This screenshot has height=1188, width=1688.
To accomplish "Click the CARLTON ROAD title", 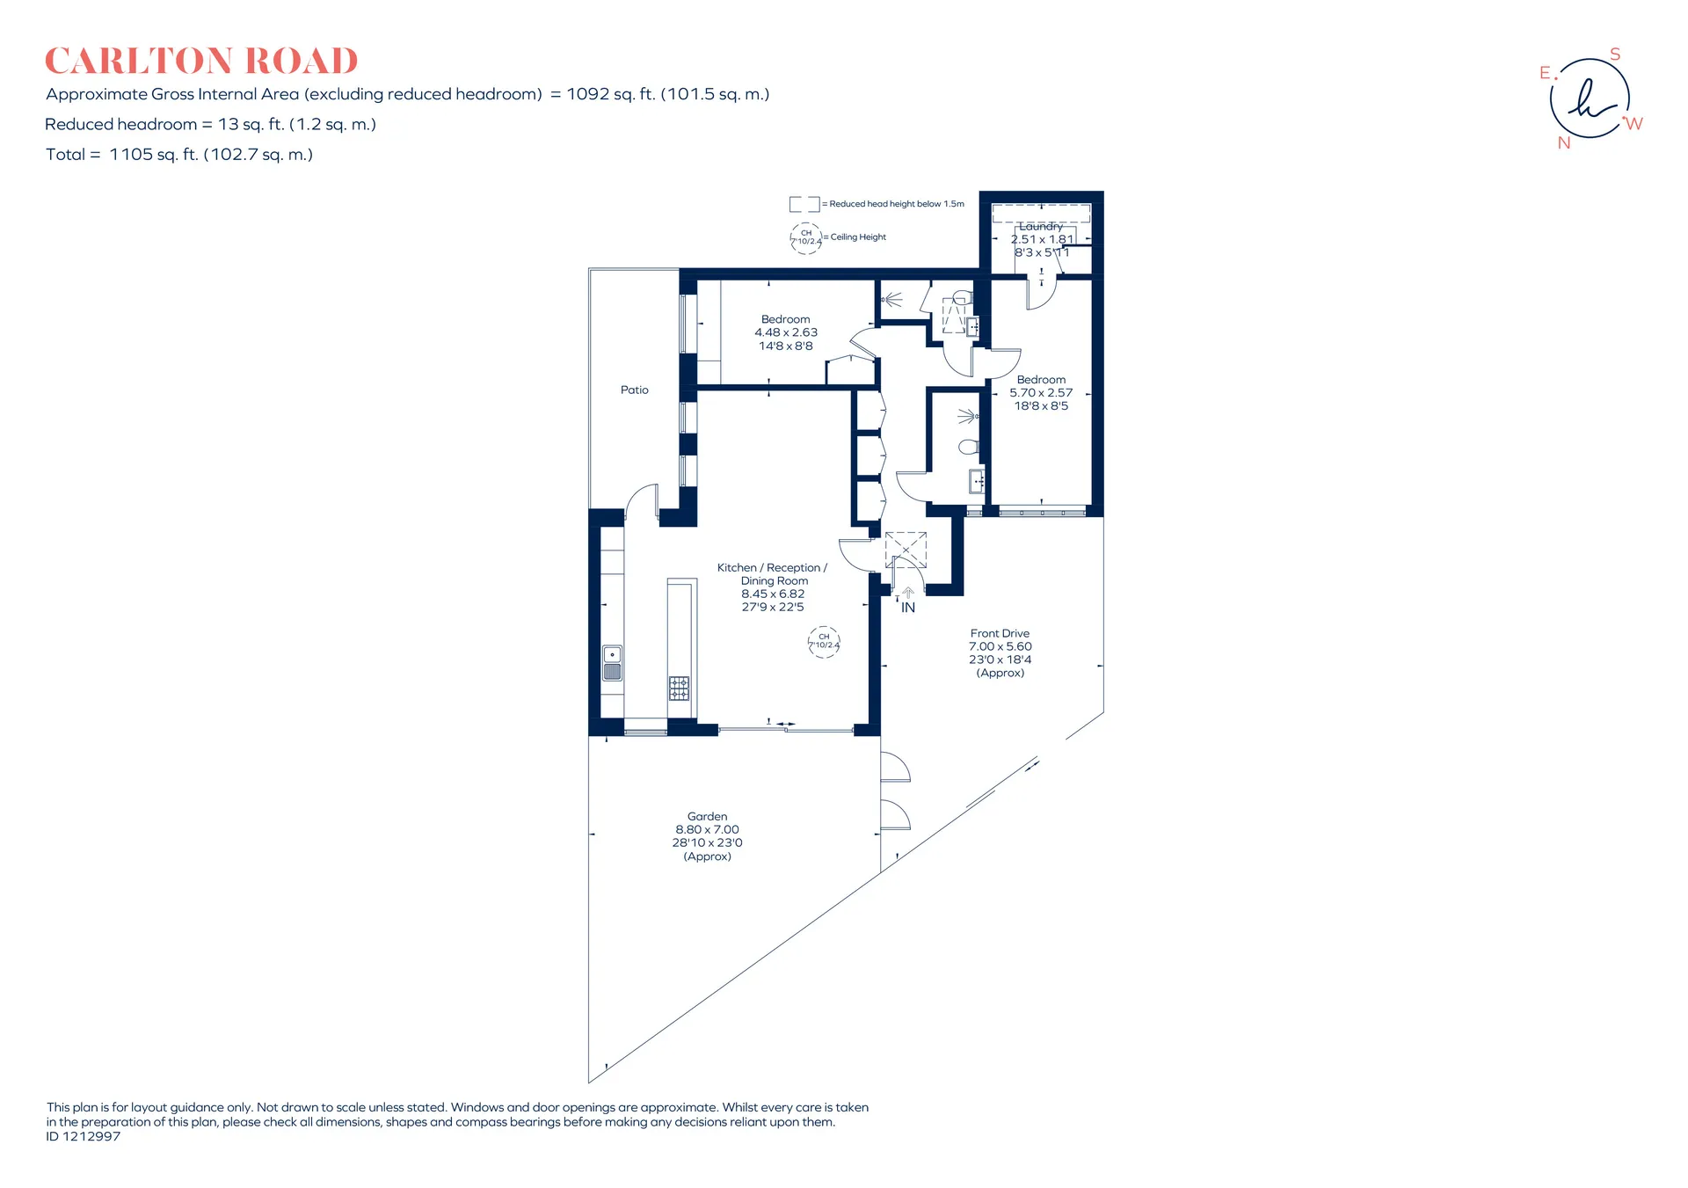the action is pos(201,61).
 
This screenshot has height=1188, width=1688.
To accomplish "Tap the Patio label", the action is pos(635,390).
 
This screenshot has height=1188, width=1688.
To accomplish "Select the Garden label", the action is pos(707,816).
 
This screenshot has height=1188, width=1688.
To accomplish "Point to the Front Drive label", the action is pos(1000,633).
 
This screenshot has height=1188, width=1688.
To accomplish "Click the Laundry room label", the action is pos(1041,226).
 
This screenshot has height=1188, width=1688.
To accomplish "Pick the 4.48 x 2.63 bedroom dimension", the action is pos(786,332).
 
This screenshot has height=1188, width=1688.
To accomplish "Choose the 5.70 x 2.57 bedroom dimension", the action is pos(1041,393).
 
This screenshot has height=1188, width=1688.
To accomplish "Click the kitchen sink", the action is pos(613,663).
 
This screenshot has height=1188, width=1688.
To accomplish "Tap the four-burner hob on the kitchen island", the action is pos(679,688).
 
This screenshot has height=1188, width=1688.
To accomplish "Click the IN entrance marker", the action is pos(908,608).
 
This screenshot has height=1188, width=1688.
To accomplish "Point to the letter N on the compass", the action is pos(1564,142).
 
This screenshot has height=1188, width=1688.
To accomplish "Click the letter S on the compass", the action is pos(1615,55).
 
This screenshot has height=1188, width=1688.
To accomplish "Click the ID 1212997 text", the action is pos(84,1136).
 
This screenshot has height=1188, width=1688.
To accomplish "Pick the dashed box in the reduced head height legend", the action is pos(804,204).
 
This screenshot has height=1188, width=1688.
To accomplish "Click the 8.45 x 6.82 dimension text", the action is pos(773,594).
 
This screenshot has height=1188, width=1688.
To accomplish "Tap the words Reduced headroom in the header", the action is pos(120,124).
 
